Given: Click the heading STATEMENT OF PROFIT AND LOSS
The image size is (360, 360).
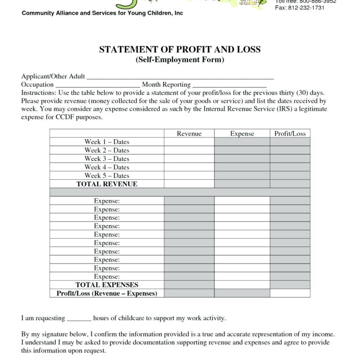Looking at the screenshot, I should coord(180,50).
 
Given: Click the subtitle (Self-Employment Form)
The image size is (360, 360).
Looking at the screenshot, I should coord(180,59).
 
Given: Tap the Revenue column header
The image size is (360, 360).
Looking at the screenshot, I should coord(189,134).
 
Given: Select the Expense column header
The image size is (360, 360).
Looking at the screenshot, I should coord(242,134).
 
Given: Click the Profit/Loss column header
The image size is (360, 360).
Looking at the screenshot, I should coord(290,134).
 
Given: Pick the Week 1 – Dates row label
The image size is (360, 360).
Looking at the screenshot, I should coord(107,142).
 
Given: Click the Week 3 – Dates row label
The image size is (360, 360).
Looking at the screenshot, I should coord(107,159).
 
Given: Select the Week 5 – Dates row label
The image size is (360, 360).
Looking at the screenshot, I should coord(107,176).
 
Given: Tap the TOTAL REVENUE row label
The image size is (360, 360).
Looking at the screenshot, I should coord(107,184).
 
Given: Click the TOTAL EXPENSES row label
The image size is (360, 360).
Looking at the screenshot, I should coord(107,285).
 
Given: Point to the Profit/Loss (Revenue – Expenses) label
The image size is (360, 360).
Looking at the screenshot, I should coord(107,294).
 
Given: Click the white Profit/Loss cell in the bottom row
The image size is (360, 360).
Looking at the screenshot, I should coord(290,294).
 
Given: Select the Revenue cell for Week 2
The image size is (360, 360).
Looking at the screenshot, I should coord(189,150).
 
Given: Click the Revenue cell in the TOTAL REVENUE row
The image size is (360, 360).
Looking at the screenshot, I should coord(189,184).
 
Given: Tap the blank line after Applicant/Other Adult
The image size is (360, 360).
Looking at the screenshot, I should coord(180,78).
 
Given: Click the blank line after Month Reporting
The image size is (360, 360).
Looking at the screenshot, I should coord(229,85).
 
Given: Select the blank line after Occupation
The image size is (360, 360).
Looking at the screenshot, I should coord(97,85).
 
